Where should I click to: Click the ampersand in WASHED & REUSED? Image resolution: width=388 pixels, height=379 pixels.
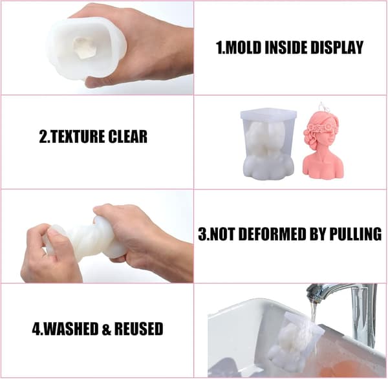106,329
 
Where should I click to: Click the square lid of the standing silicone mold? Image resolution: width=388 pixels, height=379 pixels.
268,114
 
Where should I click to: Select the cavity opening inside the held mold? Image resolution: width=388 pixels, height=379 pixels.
83,49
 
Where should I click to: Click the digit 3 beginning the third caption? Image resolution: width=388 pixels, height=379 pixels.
202,233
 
